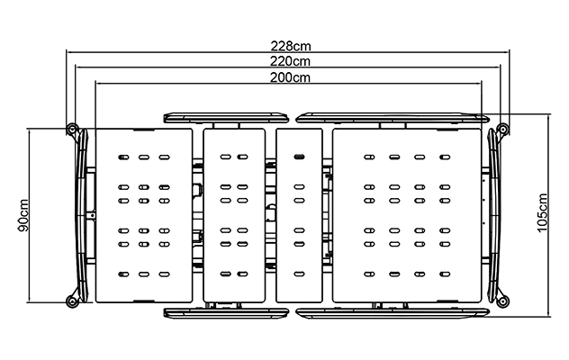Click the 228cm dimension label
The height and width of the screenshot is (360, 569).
click(291, 46)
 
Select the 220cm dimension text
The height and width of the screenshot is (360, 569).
click(290, 61)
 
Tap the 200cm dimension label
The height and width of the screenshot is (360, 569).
click(290, 77)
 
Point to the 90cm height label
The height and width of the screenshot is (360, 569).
click(23, 215)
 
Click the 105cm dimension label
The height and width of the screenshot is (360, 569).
click(542, 213)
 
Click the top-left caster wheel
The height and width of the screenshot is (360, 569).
click(72, 129)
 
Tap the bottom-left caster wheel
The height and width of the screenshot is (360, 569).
click(72, 301)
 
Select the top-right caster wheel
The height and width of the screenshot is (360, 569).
click(503, 129)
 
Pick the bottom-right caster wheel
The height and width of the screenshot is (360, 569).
click(503, 301)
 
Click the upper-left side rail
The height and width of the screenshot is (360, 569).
click(226, 118)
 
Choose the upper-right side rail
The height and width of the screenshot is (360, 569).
click(393, 118)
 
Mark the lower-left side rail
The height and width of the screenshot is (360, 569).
click(226, 313)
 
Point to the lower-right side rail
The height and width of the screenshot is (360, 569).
click(393, 313)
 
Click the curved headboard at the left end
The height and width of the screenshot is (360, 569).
click(82, 215)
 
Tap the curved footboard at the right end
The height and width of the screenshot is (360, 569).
click(494, 215)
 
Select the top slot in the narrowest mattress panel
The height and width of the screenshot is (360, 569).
click(299, 157)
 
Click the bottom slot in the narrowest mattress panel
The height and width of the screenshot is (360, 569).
click(299, 274)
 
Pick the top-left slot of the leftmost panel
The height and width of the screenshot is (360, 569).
click(123, 157)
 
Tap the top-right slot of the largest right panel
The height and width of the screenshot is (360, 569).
click(445, 157)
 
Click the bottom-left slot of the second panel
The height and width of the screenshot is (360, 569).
click(226, 274)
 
